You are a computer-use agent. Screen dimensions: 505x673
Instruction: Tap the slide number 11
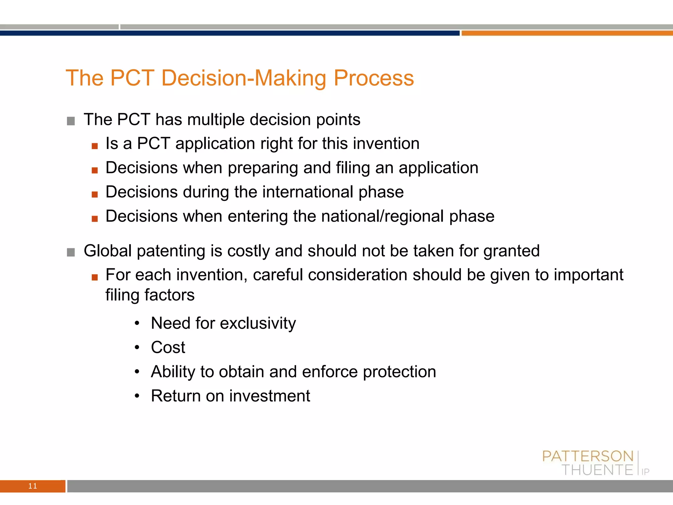(x=33, y=486)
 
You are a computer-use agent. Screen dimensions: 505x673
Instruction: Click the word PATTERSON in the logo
(x=588, y=456)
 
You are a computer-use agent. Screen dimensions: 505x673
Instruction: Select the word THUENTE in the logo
(x=597, y=470)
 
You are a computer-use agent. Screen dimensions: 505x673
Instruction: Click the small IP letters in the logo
(x=645, y=472)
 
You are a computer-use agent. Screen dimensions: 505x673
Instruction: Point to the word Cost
(x=168, y=347)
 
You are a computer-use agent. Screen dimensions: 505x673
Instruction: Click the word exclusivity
(x=258, y=323)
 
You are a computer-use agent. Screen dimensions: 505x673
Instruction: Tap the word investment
(x=269, y=396)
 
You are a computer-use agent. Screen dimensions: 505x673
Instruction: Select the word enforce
(x=330, y=372)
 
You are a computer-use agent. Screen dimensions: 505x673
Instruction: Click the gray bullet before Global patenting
(x=71, y=252)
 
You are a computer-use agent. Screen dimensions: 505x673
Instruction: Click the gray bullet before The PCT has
(x=71, y=121)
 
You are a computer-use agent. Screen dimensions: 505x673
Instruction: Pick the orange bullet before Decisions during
(x=95, y=194)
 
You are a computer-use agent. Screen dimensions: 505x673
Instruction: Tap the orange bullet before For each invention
(x=95, y=277)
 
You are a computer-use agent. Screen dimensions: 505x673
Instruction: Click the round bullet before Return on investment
(x=137, y=396)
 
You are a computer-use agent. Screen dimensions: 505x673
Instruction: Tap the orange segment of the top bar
(x=567, y=33)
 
